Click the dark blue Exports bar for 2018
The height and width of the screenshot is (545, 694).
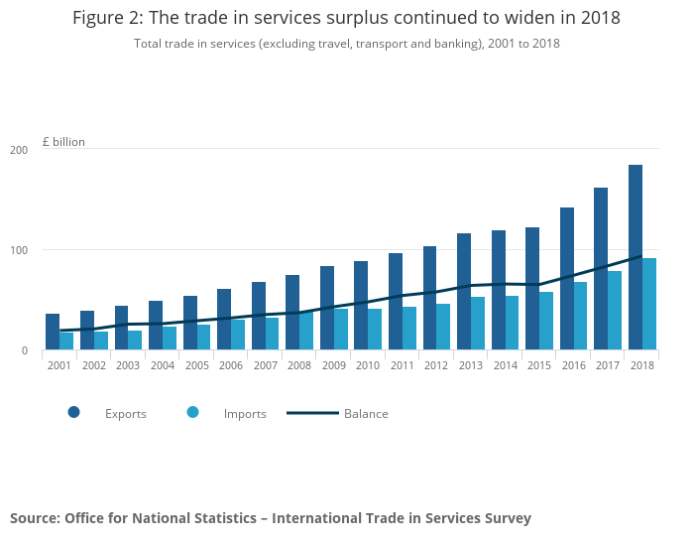pyautogui.click(x=636, y=257)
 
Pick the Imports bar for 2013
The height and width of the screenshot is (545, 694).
pyautogui.click(x=478, y=323)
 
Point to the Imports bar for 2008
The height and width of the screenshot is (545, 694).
pyautogui.click(x=306, y=331)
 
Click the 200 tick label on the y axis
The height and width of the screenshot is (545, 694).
pyautogui.click(x=19, y=150)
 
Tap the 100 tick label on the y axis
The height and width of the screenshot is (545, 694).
pyautogui.click(x=19, y=250)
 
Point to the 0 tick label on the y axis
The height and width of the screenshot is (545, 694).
pyautogui.click(x=23, y=350)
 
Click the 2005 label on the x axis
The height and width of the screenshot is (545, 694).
pyautogui.click(x=196, y=365)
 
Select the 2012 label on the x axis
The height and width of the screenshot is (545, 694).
pyautogui.click(x=436, y=365)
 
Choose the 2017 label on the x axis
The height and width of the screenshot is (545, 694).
pyautogui.click(x=608, y=365)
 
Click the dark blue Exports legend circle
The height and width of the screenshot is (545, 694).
pyautogui.click(x=73, y=412)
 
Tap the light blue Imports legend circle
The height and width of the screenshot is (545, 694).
pyautogui.click(x=192, y=412)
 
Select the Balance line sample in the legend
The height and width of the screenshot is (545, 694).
pyautogui.click(x=312, y=413)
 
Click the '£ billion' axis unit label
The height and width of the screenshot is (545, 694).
pyautogui.click(x=63, y=142)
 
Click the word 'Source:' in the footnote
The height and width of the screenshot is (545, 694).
pyautogui.click(x=35, y=518)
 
